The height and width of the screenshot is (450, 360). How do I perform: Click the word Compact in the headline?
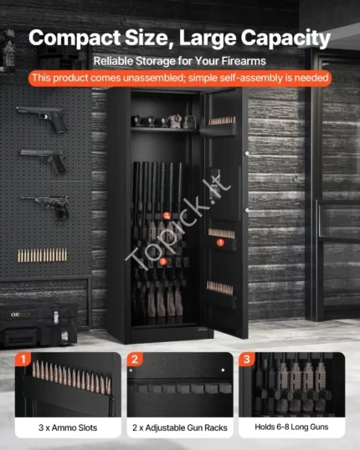pos(75,38)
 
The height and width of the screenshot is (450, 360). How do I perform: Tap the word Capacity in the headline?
pos(285,38)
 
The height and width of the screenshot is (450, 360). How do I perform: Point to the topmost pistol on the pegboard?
pos(43,118)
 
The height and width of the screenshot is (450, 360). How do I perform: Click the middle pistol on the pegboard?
pos(44,161)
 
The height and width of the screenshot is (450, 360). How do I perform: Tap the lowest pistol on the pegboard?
pos(45,206)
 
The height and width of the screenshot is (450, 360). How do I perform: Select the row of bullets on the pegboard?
pos(43,255)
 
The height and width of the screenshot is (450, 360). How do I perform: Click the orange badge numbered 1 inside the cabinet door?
pos(220,243)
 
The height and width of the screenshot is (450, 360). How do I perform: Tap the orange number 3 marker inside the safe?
pos(163,261)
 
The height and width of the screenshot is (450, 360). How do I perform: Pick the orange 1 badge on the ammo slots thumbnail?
pos(23,359)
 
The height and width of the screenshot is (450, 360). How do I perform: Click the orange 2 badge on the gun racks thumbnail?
pos(135,359)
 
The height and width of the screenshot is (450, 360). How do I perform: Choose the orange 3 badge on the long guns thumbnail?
pos(246,359)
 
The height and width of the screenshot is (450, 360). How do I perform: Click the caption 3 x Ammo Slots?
pos(68,427)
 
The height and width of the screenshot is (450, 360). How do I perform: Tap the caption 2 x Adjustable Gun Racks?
pos(180,427)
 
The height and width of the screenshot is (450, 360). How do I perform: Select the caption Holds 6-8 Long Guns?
pos(291,427)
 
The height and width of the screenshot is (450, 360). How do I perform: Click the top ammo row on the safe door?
pos(222,120)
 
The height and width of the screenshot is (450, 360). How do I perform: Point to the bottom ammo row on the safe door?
pos(220,288)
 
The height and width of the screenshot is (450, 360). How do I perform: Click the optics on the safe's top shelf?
pos(164,121)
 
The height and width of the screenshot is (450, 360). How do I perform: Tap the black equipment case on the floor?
pos(39,323)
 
